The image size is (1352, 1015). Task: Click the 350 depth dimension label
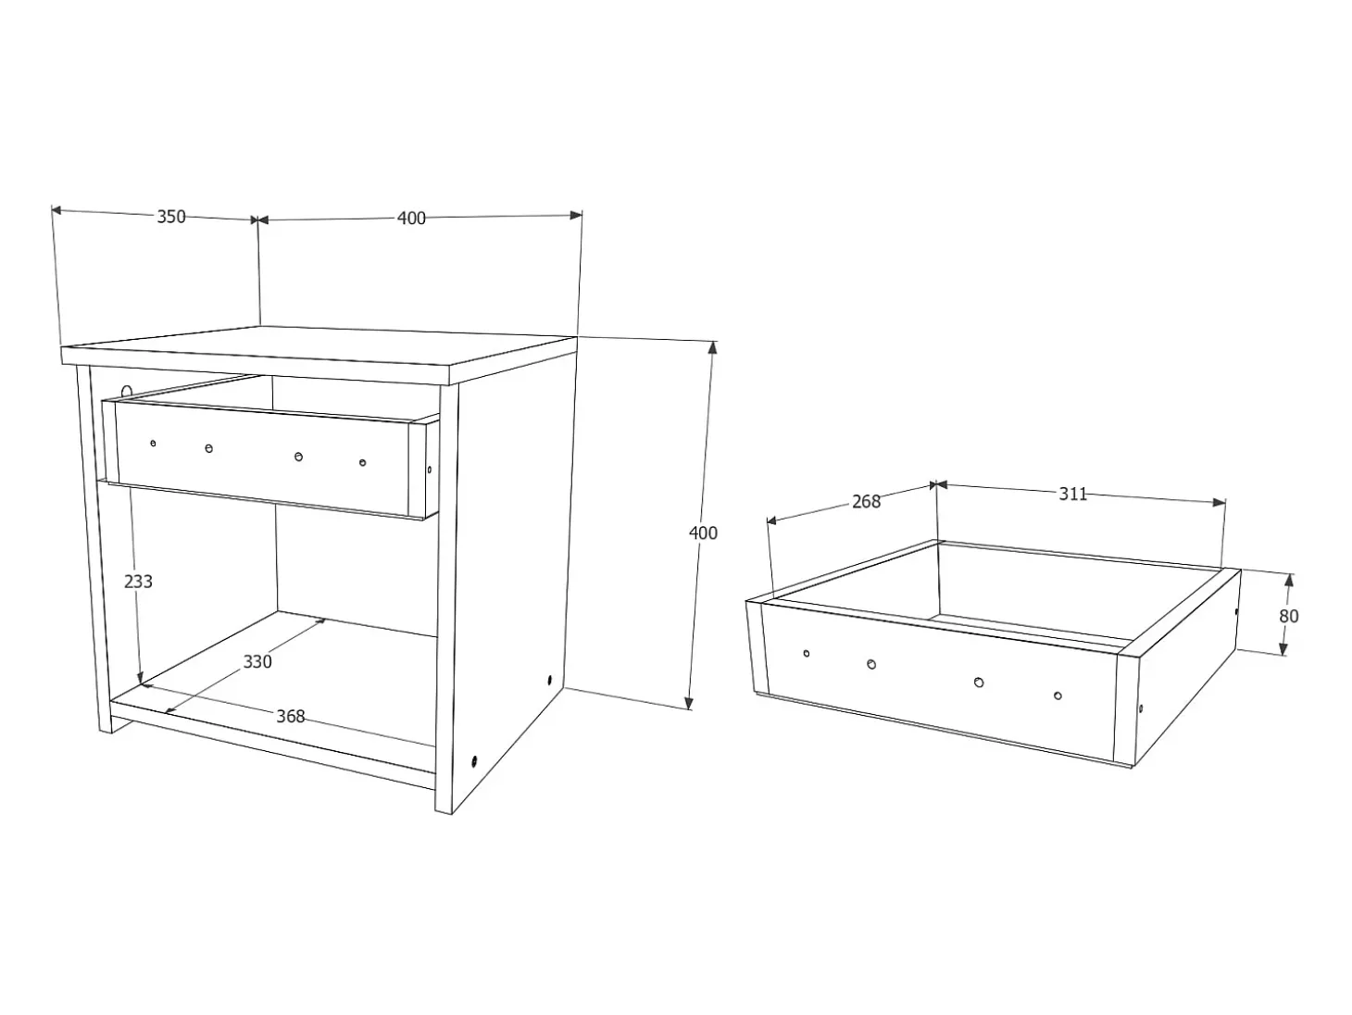(x=171, y=217)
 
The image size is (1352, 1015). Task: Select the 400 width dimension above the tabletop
(x=411, y=218)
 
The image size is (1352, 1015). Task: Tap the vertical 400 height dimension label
(x=703, y=533)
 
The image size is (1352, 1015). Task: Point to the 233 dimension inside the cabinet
(x=138, y=582)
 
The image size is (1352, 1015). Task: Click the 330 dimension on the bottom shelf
(x=257, y=661)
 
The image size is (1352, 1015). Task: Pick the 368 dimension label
(x=290, y=716)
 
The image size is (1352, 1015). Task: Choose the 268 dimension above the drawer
(x=866, y=502)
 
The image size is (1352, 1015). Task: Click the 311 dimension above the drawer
(x=1073, y=494)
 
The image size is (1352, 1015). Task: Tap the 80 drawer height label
(x=1288, y=616)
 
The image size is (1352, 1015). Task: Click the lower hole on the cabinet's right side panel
(x=474, y=761)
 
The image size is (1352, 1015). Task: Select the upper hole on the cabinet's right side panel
(x=549, y=680)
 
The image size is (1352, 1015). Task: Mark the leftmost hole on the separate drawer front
(x=807, y=653)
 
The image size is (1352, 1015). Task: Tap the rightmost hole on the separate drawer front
(x=1058, y=696)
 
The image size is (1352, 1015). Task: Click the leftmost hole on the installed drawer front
(x=153, y=443)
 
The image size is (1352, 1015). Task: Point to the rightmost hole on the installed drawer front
(x=362, y=462)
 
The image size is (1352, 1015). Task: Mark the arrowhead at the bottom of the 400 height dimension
(x=689, y=703)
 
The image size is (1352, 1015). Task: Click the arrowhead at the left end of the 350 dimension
(x=56, y=210)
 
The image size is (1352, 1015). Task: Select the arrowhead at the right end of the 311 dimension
(x=1219, y=503)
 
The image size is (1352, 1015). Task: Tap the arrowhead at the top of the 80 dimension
(x=1288, y=580)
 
